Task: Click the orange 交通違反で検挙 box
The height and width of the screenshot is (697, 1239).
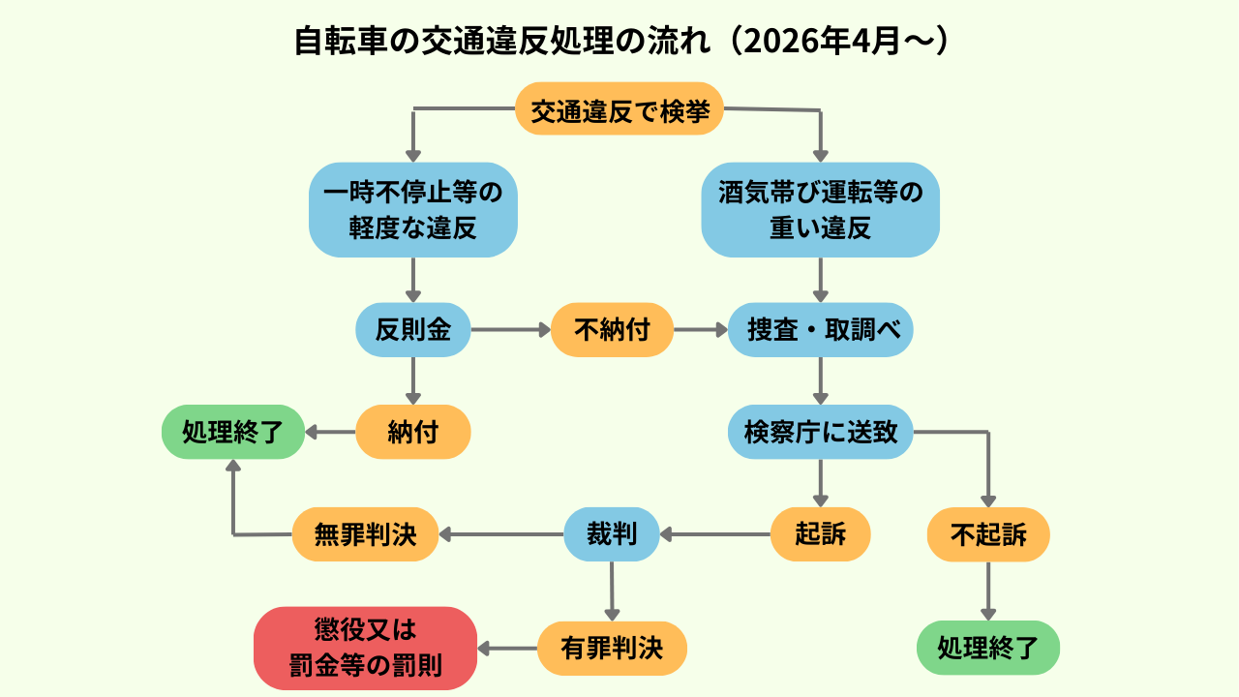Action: pos(619,109)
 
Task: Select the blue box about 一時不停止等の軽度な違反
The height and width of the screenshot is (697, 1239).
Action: pos(413,210)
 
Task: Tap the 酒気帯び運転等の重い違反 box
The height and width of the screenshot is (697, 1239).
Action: pos(820,210)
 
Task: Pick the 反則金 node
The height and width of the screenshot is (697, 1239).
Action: pos(413,330)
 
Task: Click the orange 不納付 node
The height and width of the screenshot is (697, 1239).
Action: pos(612,330)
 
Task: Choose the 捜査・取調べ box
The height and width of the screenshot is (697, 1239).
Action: pos(820,330)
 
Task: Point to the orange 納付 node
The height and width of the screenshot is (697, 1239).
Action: pos(413,432)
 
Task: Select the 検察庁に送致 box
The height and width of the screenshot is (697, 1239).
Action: pos(820,432)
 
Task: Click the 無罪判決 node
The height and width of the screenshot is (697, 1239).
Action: pos(365,534)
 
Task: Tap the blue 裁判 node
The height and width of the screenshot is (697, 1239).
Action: pos(612,534)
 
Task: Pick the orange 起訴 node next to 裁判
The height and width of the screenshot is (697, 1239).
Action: pos(820,534)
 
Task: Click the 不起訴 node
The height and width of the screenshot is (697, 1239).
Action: pos(988,534)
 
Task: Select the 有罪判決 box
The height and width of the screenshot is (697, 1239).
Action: pos(612,649)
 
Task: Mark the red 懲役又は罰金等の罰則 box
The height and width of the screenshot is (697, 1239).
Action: pos(365,649)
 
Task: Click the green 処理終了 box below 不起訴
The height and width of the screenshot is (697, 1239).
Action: pos(988,648)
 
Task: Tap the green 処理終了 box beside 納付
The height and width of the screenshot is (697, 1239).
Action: pos(233,432)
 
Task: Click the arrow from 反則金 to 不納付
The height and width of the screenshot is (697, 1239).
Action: pos(511,330)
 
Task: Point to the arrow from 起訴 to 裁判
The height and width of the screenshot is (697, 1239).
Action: pos(715,534)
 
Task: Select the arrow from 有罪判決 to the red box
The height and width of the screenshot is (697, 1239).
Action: pos(507,649)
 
